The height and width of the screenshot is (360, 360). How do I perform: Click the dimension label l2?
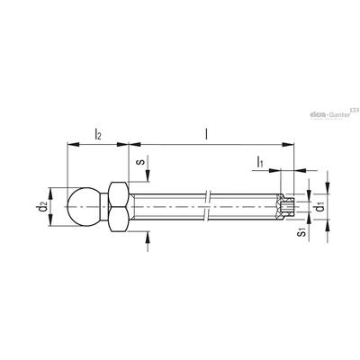click(x=98, y=134)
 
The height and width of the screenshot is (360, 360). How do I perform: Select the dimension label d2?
click(x=43, y=207)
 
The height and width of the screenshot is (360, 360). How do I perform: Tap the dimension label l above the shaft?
click(x=206, y=133)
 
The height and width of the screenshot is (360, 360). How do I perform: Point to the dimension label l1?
click(x=259, y=162)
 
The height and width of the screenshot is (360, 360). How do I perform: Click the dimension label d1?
click(x=321, y=207)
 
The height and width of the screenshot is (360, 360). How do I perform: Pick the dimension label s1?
click(x=302, y=232)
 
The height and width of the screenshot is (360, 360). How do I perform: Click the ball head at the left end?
click(x=83, y=207)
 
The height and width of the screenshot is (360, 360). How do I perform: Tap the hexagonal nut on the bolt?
click(x=119, y=207)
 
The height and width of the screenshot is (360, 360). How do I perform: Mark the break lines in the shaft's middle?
click(x=207, y=206)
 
